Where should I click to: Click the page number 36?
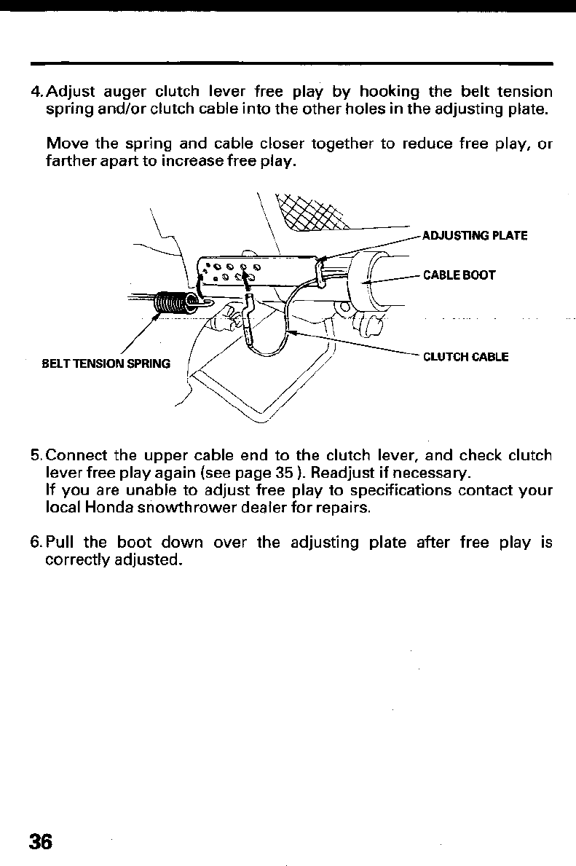coord(41,841)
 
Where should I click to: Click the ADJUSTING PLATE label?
coord(474,235)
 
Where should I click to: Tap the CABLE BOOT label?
coord(459,275)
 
